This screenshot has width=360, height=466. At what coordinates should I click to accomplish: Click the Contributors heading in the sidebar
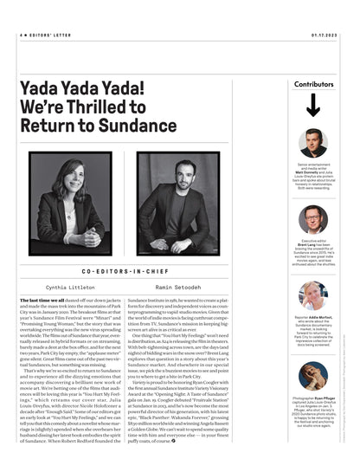click(313, 84)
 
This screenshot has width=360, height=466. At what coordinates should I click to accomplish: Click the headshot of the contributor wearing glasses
click(313, 219)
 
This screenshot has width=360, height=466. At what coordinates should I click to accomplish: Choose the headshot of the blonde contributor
click(313, 296)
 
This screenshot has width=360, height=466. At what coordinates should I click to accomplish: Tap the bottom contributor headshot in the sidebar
click(313, 376)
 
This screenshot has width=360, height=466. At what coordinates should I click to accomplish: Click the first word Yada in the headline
click(48, 87)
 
